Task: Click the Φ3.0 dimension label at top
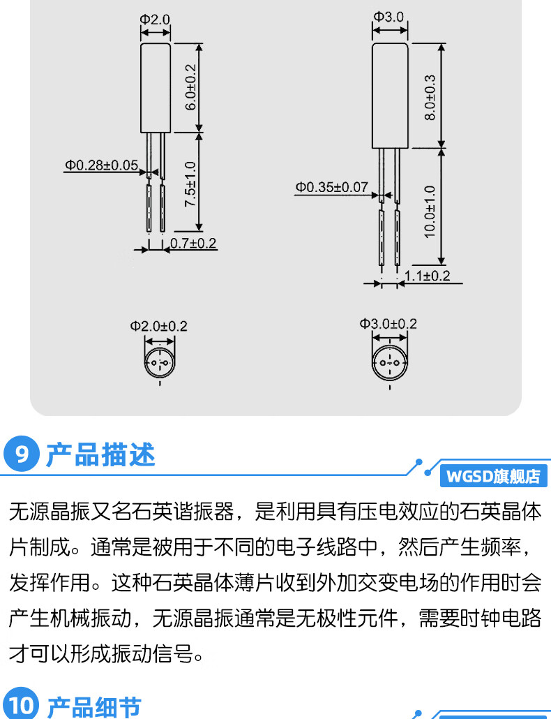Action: (x=388, y=16)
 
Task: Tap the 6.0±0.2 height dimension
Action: (x=190, y=87)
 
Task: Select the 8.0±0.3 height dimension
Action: (x=430, y=96)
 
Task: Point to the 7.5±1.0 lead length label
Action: (x=190, y=183)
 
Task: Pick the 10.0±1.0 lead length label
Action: (x=430, y=211)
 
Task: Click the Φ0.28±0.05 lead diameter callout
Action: (x=102, y=165)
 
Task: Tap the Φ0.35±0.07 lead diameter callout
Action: (x=331, y=186)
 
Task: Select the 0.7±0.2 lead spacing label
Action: (x=194, y=243)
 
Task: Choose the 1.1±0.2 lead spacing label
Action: (x=427, y=276)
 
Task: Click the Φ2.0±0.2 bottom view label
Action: (x=159, y=326)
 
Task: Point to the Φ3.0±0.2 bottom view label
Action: (x=388, y=324)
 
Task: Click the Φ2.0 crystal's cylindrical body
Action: (x=156, y=87)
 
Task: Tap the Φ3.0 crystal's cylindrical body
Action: (x=389, y=96)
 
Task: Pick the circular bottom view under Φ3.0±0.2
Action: (x=388, y=364)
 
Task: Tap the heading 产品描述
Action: (x=100, y=454)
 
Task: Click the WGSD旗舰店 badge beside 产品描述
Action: (x=493, y=477)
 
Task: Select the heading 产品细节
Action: (x=93, y=706)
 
